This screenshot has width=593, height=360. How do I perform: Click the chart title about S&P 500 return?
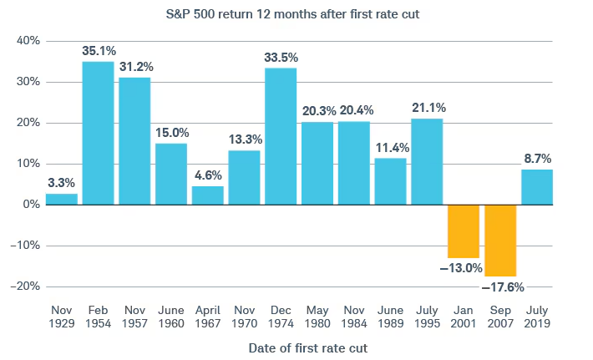pos(296,14)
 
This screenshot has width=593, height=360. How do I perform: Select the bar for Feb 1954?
pos(98,133)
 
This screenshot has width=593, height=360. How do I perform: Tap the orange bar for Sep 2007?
pos(499,241)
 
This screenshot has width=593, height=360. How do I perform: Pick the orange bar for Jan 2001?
pos(464,231)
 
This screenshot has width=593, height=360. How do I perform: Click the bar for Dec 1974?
pos(281,136)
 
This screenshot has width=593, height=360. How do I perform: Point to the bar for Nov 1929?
pos(61,199)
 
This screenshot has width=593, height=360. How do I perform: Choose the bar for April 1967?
pos(207,195)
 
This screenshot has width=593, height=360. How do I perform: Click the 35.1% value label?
pos(98,51)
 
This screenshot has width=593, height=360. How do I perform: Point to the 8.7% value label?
pos(537,158)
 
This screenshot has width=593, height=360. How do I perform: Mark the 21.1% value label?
pos(427,107)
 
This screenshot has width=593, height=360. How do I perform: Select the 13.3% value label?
pos(244,139)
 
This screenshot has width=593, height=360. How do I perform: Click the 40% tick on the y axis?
pos(28,41)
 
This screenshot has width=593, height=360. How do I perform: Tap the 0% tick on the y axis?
pos(32,205)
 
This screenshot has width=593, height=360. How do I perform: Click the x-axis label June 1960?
pos(170,316)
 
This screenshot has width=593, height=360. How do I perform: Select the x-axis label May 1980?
pos(317,316)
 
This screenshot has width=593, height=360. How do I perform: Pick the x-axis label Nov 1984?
pos(354,316)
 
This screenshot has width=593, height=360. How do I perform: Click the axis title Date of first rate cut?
pos(296,346)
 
